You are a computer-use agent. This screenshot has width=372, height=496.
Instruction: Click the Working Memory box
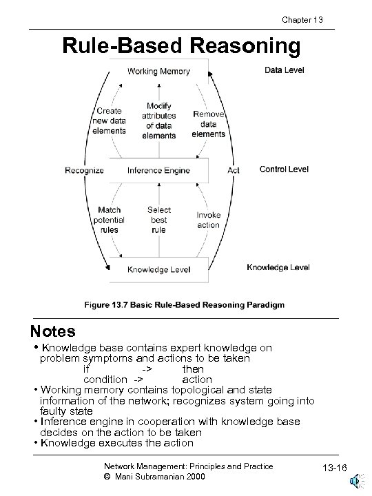(158, 72)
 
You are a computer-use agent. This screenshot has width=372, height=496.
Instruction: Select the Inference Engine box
(158, 170)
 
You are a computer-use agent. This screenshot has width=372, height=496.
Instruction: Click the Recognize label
(84, 170)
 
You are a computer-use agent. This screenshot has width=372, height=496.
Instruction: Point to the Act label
(234, 170)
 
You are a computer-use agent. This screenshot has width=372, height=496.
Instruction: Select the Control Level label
(284, 169)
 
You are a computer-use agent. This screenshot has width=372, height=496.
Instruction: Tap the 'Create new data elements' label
(109, 121)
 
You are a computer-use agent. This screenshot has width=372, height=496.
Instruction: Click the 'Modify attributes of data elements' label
(158, 121)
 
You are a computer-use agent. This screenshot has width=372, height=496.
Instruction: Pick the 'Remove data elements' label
(209, 124)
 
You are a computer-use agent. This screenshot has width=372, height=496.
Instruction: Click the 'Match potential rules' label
(109, 220)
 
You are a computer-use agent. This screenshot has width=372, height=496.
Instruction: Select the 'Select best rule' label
(158, 220)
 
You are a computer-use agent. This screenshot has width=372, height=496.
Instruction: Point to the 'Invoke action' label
(209, 220)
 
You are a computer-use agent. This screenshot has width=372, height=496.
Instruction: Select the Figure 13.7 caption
(184, 304)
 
